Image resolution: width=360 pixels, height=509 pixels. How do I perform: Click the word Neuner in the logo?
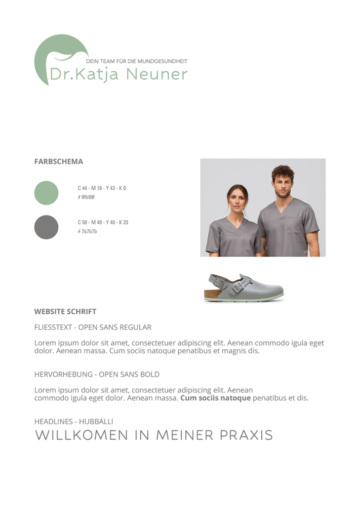157,74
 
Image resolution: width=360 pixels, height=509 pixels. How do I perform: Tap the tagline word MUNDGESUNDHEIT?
162,61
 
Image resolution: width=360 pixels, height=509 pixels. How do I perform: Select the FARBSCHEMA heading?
58,162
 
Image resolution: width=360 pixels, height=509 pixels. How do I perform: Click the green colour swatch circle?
46,193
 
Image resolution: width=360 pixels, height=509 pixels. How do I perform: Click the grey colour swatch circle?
46,227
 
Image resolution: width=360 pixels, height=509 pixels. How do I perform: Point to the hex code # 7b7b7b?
87,231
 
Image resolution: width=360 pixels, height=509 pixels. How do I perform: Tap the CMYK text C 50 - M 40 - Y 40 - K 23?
103,222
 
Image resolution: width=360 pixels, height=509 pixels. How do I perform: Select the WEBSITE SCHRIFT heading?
65,311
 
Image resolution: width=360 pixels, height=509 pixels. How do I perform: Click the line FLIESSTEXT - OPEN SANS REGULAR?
93,327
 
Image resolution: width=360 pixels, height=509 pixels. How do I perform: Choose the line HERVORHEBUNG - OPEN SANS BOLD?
97,375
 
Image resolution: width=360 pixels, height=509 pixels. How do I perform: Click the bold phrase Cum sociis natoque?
215,398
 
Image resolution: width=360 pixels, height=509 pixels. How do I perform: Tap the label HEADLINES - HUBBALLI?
74,422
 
